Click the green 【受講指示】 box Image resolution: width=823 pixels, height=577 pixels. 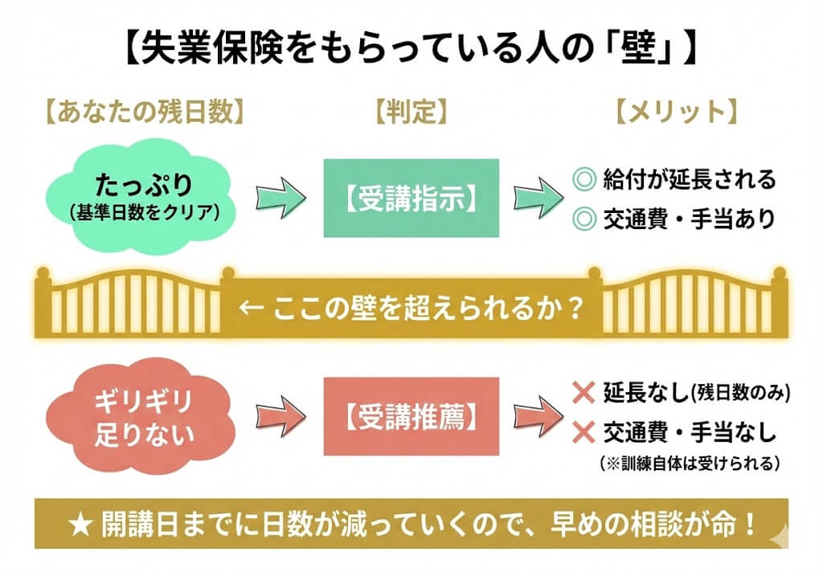coord(411,198)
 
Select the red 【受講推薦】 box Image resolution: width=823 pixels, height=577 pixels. coord(411,416)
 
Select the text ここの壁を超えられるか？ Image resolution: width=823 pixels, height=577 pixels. coord(410,308)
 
